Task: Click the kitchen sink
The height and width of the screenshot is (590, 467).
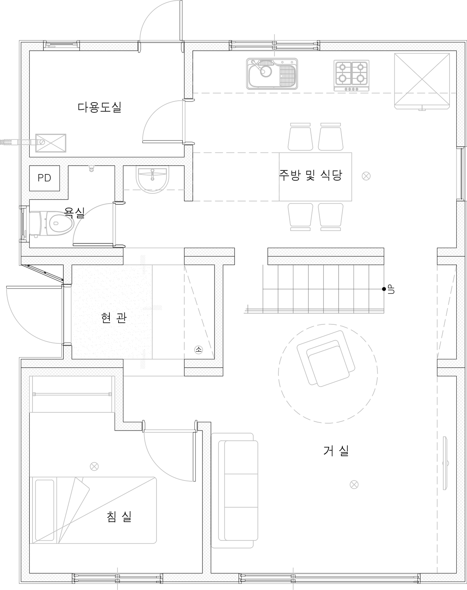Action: click(x=272, y=73)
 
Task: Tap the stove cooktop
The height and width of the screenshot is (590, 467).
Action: click(x=351, y=74)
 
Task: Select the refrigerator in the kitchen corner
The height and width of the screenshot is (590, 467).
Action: click(x=422, y=81)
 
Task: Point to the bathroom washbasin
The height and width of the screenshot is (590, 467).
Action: click(x=152, y=179)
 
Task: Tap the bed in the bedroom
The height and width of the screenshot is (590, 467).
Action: click(x=94, y=509)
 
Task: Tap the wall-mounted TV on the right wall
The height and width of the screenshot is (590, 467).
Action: click(x=445, y=463)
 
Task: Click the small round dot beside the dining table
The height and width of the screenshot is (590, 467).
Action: click(x=366, y=176)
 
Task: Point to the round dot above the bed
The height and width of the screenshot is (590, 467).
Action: click(x=94, y=466)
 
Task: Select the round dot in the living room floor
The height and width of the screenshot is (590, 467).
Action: click(x=354, y=484)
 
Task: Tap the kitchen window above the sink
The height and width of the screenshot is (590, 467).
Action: click(x=274, y=45)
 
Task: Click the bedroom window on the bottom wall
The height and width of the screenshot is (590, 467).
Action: click(x=117, y=578)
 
